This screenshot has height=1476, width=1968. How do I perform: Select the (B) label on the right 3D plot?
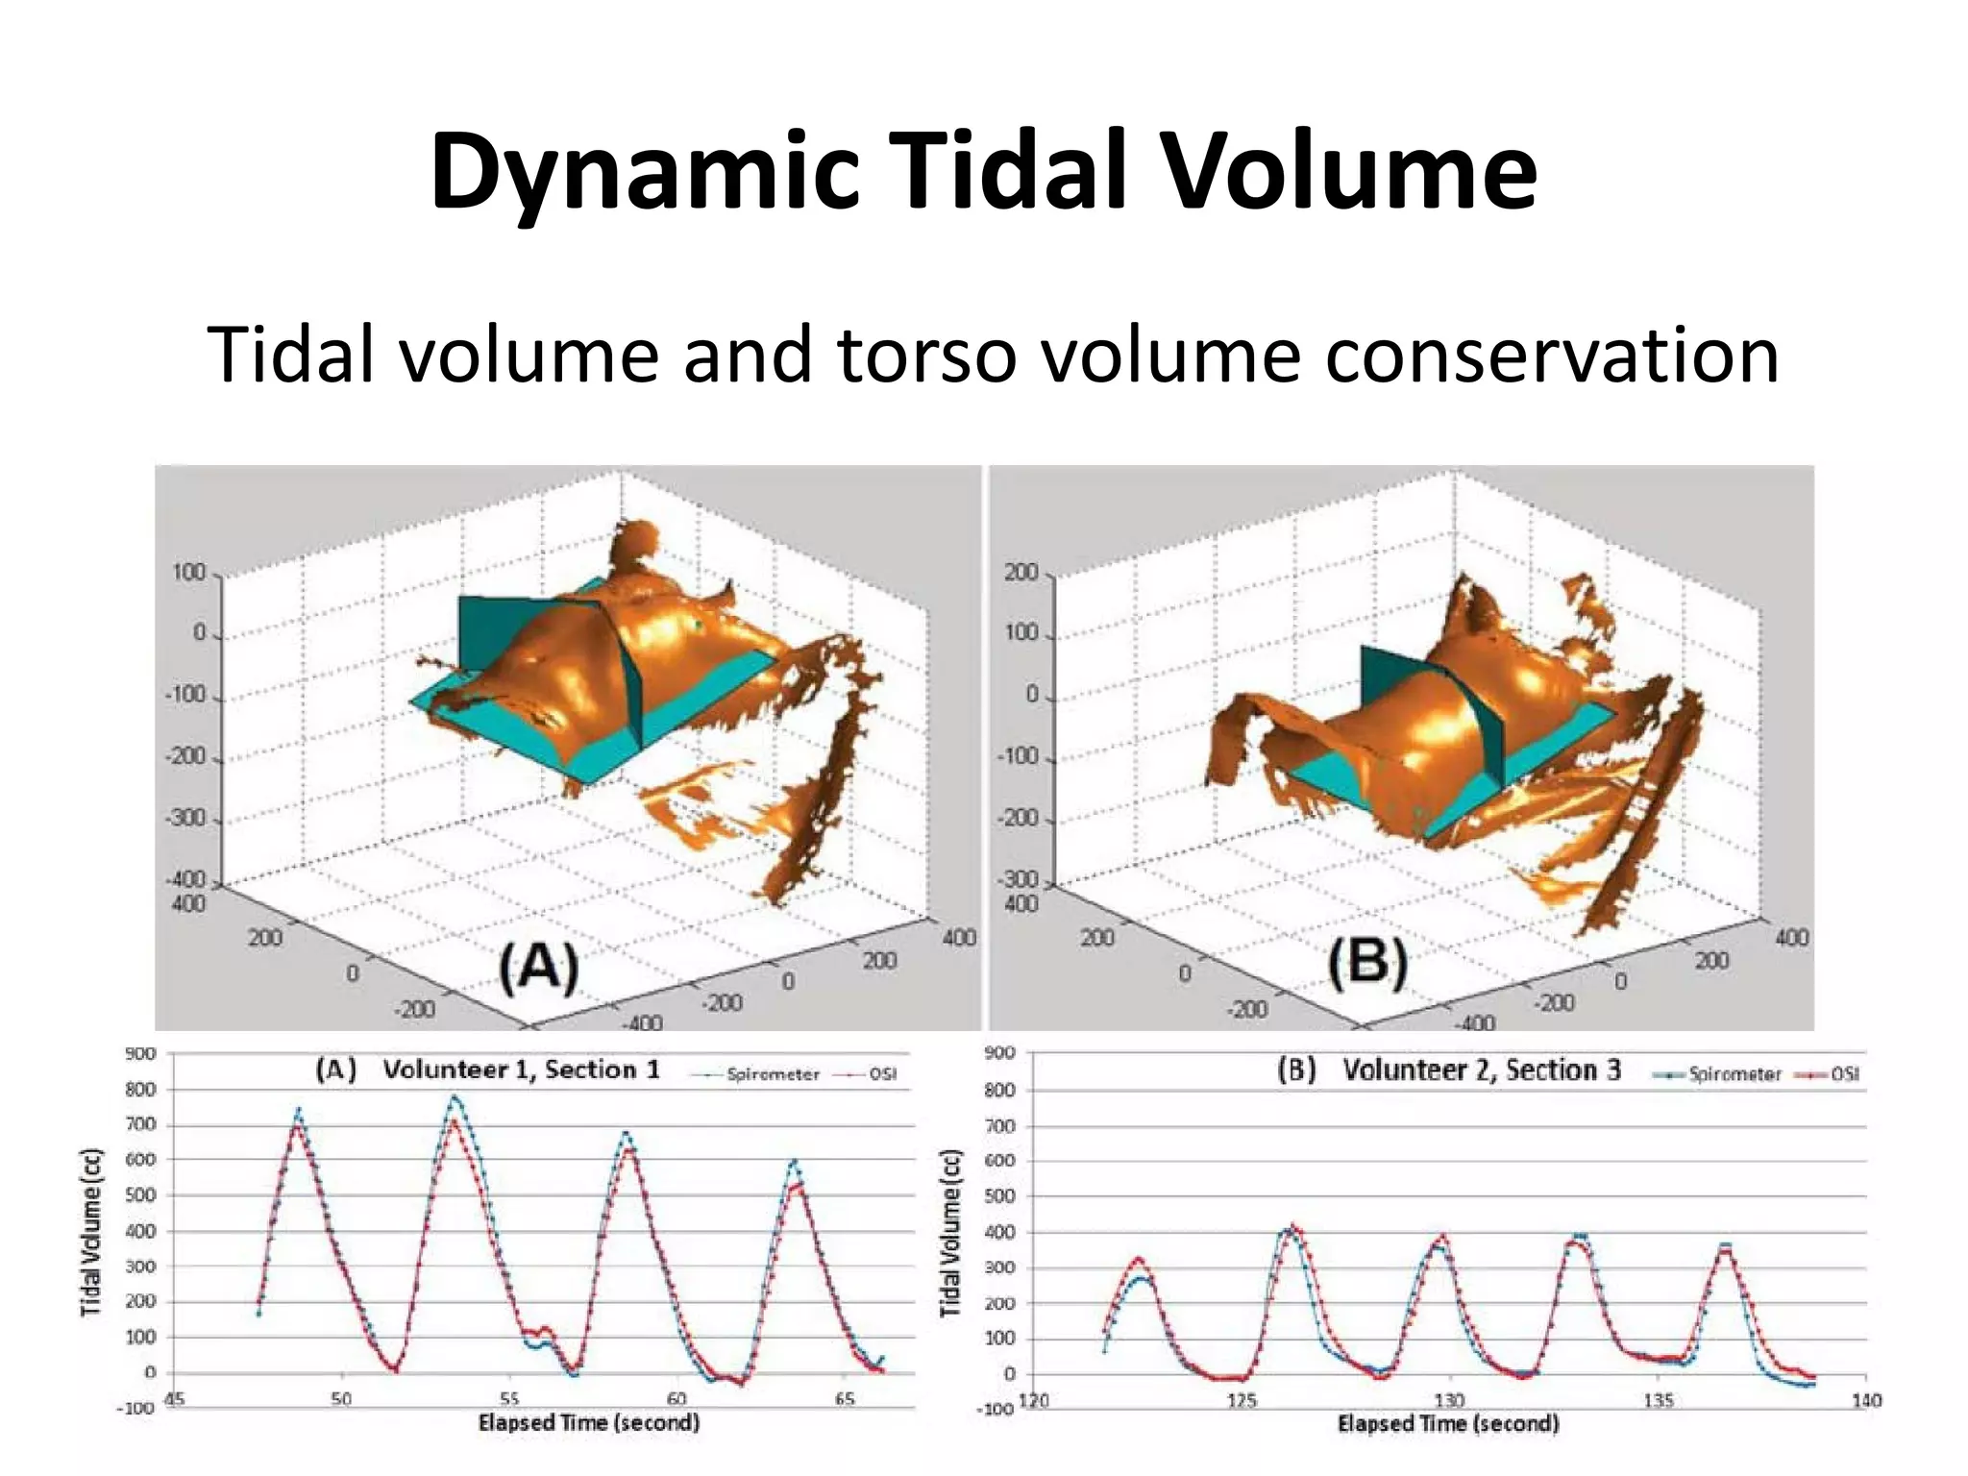tap(1367, 963)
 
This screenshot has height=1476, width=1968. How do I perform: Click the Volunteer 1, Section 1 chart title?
tap(521, 1070)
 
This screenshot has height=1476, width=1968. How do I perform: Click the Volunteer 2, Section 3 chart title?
tap(1481, 1070)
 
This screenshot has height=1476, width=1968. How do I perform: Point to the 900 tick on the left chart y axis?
tap(140, 1053)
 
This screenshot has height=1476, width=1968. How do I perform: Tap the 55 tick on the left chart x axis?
tap(509, 1399)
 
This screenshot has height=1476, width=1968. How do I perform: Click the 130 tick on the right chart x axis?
tap(1449, 1400)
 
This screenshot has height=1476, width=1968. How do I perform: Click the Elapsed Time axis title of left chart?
tap(588, 1422)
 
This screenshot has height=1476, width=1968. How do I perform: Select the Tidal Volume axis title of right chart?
tap(950, 1233)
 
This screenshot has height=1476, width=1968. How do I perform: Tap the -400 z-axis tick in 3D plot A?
tap(187, 879)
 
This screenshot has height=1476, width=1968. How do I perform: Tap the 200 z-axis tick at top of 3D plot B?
tap(1021, 573)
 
